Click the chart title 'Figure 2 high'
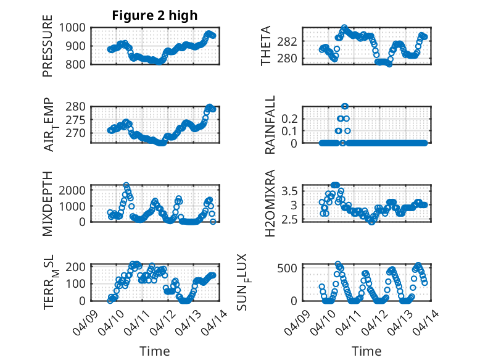[154, 15]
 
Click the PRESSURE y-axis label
[48, 50]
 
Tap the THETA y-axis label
[266, 46]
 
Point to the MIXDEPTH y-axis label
[48, 204]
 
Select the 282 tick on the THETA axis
[291, 41]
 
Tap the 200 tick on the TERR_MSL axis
[78, 267]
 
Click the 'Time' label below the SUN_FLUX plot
[366, 351]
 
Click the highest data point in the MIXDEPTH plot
[126, 185]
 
